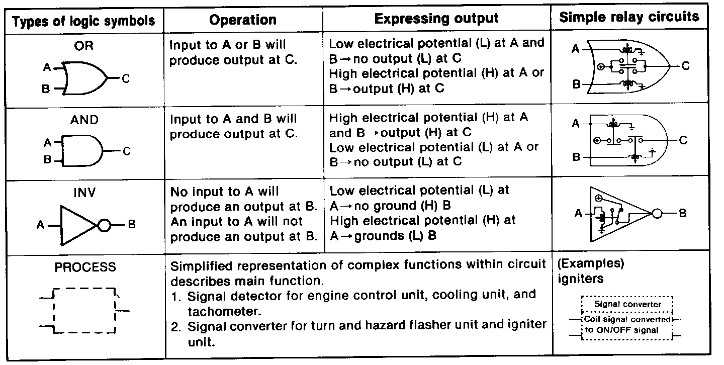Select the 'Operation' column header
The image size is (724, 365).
[243, 20]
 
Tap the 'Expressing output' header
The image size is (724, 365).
[436, 19]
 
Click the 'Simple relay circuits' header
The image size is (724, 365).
[629, 17]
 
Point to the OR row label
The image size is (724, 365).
[83, 46]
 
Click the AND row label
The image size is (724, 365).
[85, 120]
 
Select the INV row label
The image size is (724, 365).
[84, 193]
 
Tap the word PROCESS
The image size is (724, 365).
[85, 267]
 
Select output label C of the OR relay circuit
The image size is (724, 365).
[686, 66]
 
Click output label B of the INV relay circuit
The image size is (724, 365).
[683, 214]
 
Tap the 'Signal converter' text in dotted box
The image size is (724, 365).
[627, 304]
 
